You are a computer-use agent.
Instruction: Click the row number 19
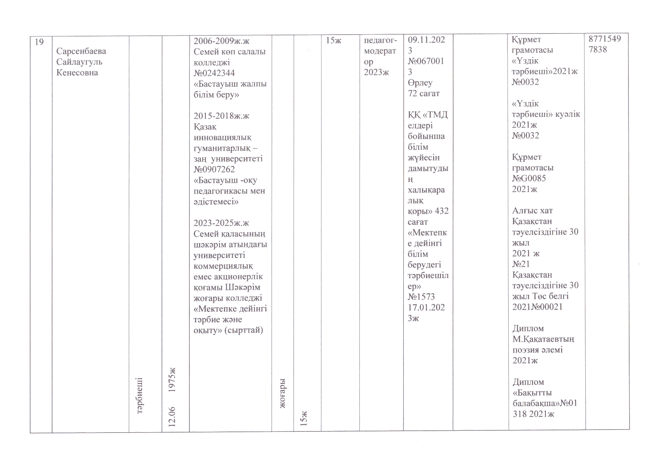click(x=39, y=42)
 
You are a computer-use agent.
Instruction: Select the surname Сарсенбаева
click(x=81, y=51)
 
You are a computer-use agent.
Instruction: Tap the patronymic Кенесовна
click(x=77, y=73)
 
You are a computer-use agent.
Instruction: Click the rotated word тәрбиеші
click(x=141, y=395)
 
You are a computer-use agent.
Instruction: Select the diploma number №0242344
click(x=214, y=73)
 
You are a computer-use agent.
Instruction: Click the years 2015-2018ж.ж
click(x=221, y=116)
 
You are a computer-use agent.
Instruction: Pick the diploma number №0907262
click(x=214, y=169)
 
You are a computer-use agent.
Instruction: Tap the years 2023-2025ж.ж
click(x=221, y=223)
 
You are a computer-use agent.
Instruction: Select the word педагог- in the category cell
click(x=380, y=40)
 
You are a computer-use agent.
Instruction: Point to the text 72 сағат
click(x=424, y=93)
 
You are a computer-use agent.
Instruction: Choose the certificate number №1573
click(x=421, y=297)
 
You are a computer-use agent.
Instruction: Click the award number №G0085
click(x=529, y=178)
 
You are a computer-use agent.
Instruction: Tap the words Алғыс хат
click(x=532, y=211)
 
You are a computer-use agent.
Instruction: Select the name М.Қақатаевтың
click(x=543, y=339)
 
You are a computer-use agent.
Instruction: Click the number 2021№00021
click(x=537, y=307)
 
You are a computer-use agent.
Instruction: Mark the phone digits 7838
click(x=598, y=50)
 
